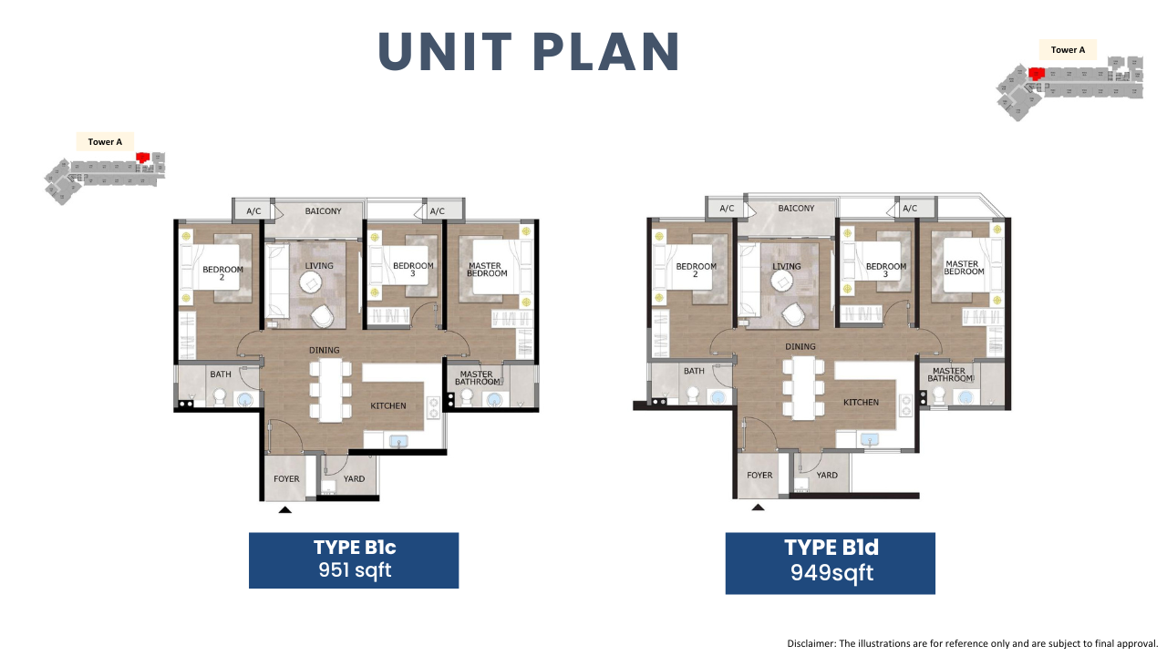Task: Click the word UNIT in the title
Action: coord(445,51)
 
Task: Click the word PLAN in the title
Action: coord(606,51)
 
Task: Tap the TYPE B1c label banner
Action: coord(354,560)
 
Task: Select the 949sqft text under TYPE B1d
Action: coord(831,573)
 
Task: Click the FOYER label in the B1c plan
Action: coord(286,478)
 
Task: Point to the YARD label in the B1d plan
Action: coord(827,475)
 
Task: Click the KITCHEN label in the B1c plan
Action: coord(388,405)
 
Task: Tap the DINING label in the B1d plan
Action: coord(800,346)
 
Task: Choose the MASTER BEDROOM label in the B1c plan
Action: coord(487,269)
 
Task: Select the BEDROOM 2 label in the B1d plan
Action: coord(696,270)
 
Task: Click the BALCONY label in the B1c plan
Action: coord(323,210)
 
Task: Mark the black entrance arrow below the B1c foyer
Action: coord(285,509)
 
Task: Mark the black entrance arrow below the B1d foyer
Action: coord(758,507)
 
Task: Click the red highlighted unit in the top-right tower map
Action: coord(1037,74)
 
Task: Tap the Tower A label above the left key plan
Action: coord(105,141)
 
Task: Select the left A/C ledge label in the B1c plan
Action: coord(253,210)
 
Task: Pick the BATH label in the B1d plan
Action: coord(694,371)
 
